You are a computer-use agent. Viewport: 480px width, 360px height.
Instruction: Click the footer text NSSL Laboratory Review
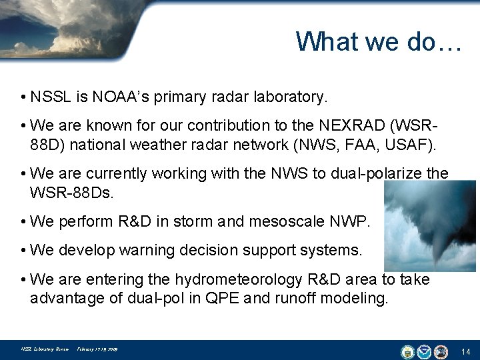45,349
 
